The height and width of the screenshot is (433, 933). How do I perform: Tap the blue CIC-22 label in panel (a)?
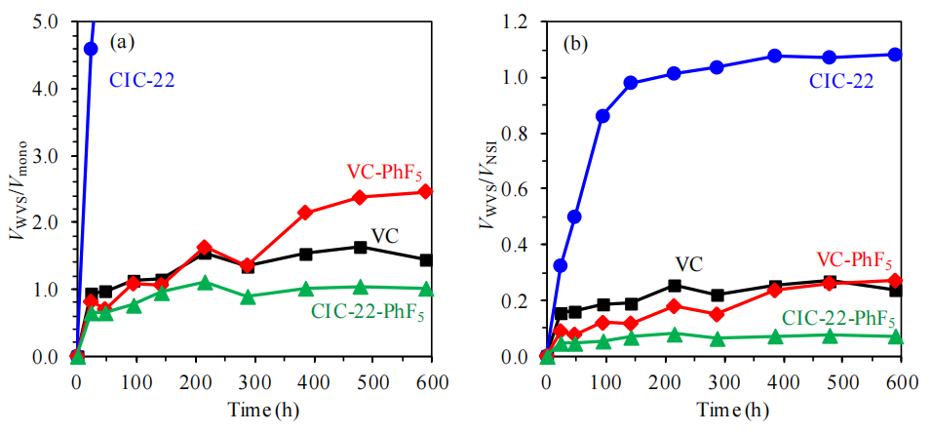click(142, 80)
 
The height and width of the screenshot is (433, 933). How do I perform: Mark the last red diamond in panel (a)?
click(424, 192)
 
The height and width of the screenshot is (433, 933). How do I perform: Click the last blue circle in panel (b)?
click(894, 55)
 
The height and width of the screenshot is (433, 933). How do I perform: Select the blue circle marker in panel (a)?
click(91, 49)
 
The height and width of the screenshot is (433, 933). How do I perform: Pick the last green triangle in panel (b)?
click(894, 336)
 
